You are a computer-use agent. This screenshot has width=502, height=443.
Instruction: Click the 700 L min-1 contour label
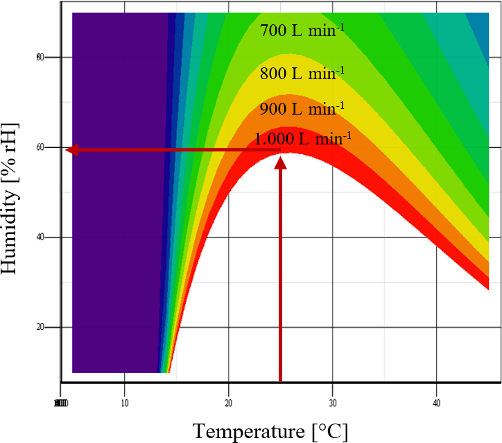302,31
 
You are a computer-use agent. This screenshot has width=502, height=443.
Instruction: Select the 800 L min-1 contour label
302,73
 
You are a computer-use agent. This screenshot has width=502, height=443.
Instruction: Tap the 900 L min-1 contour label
302,109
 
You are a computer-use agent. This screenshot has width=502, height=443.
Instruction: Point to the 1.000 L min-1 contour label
303,138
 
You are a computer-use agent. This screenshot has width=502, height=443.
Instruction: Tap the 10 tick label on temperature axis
125,403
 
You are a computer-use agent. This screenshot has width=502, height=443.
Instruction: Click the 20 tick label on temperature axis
229,403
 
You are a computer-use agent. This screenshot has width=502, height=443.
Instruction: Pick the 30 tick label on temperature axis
333,403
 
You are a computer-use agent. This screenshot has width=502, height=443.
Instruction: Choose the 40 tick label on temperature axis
437,403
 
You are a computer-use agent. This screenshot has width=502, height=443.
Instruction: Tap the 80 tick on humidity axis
41,57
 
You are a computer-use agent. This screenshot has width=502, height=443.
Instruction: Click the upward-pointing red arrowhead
281,162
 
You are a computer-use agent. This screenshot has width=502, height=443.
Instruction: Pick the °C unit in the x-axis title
329,431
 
